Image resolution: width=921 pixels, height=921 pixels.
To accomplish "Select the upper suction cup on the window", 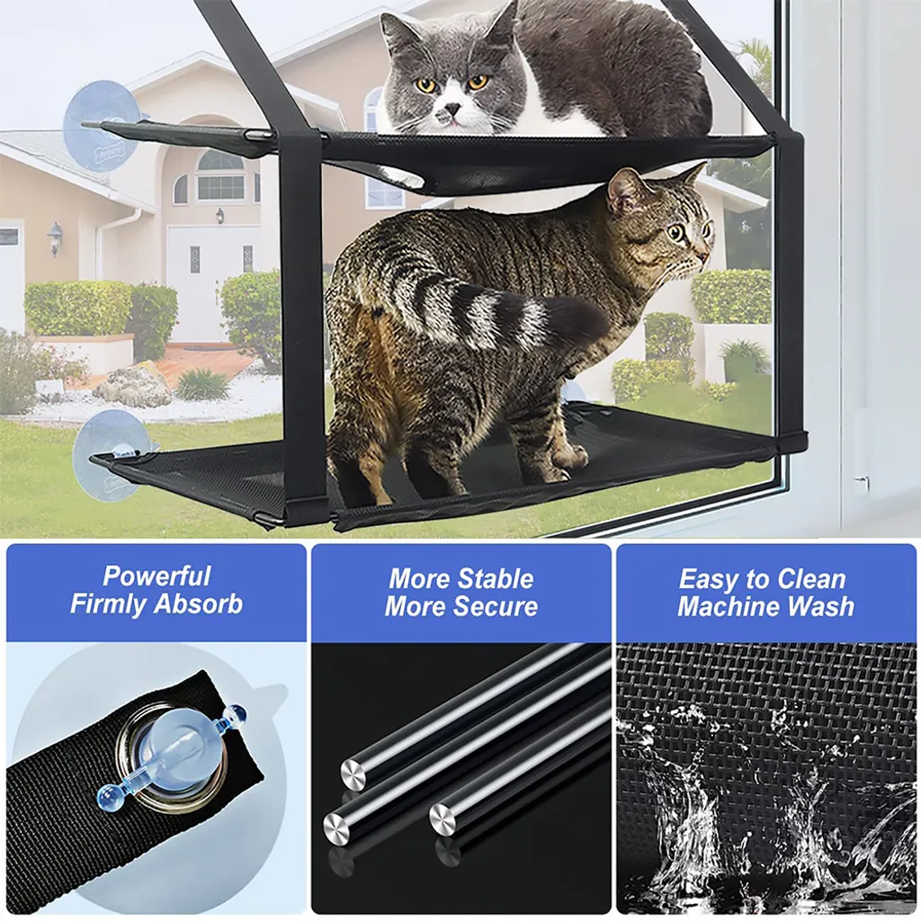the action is pos(101,125).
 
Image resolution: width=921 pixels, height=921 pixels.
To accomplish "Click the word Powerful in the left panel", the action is pos(156,577).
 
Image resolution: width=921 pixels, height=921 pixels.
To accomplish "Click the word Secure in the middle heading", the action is pos(496,606).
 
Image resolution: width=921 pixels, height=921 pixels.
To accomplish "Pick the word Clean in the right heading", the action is pos(813,580).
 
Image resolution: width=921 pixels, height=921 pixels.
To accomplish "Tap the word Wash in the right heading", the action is pos(820,607).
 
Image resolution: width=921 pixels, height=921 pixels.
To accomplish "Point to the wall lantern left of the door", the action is pos(55,237).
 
